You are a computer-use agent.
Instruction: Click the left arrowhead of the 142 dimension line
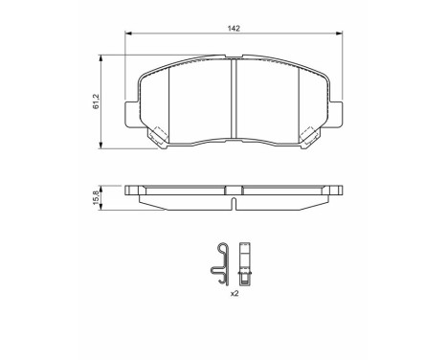[128, 36]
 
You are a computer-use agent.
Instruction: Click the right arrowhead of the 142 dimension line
[341, 36]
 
